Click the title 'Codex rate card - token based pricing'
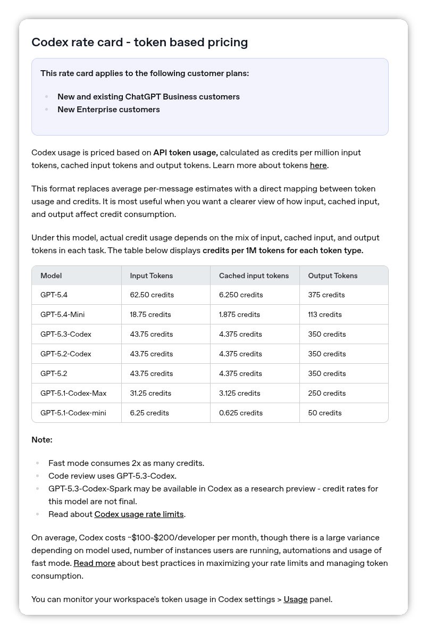coord(139,43)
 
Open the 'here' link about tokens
coord(318,165)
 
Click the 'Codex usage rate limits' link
coord(139,514)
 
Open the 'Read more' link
coord(94,563)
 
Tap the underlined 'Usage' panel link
coord(296,599)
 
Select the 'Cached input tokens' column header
coord(254,276)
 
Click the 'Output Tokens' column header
coord(332,276)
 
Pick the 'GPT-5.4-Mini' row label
coord(62,314)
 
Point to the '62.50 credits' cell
coord(152,295)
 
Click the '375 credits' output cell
coord(326,295)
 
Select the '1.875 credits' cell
coord(239,314)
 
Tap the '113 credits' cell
coord(324,314)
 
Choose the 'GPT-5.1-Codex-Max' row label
coord(73,393)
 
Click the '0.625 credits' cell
coord(240,413)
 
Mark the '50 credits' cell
coord(324,413)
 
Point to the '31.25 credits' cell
coord(150,393)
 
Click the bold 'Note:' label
coord(42,440)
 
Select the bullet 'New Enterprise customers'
coord(108,110)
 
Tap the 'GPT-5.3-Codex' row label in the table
coord(65,334)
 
